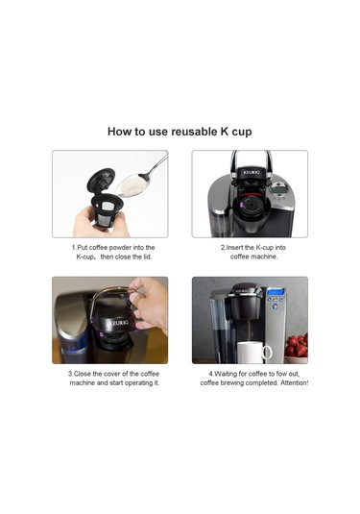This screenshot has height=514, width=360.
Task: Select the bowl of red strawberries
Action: coord(297,344)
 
